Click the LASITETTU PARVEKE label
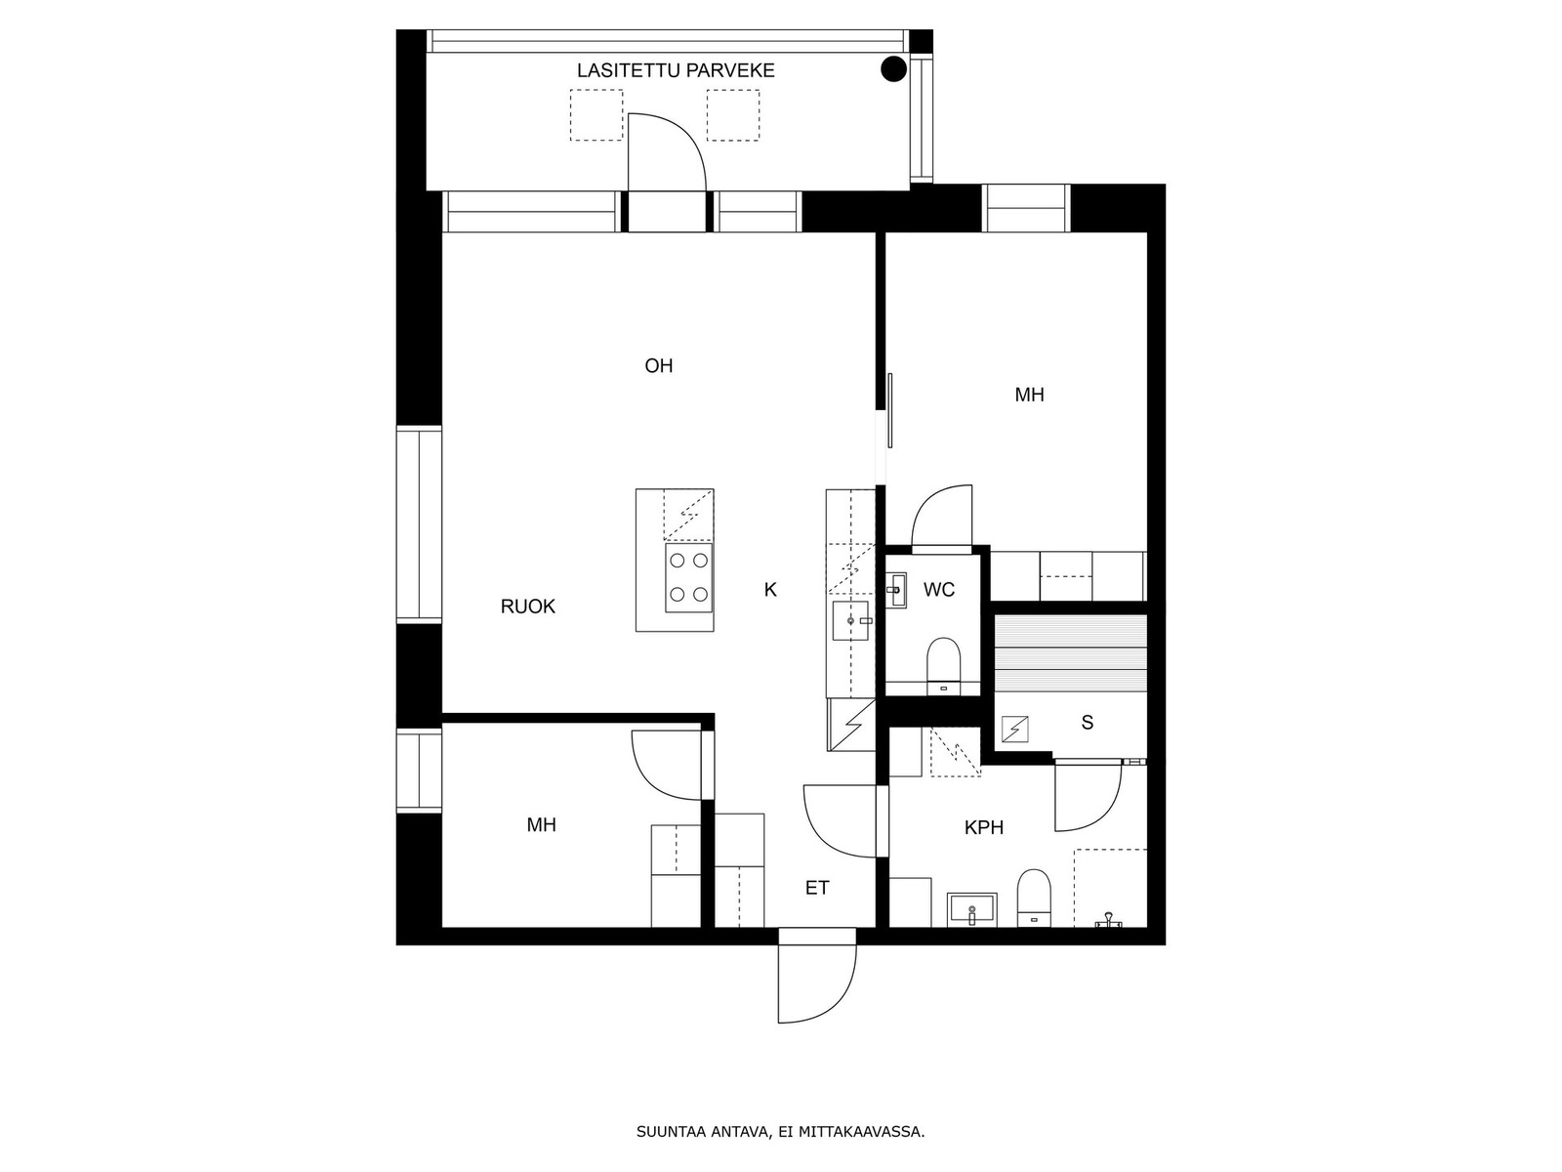tap(675, 70)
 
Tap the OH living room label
tap(658, 365)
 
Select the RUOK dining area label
tap(527, 607)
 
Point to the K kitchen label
tap(770, 589)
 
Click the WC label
tap(938, 589)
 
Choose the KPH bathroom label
tap(983, 827)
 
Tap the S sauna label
tap(1087, 723)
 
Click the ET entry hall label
tap(817, 888)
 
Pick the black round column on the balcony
tap(893, 69)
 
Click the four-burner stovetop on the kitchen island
tap(689, 578)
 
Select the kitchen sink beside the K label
tap(851, 621)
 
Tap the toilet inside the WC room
tap(944, 665)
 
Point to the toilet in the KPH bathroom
tap(1034, 898)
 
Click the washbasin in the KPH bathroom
tap(972, 910)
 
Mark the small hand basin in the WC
tap(896, 590)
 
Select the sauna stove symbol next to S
tap(1014, 730)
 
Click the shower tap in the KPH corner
tap(1108, 921)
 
